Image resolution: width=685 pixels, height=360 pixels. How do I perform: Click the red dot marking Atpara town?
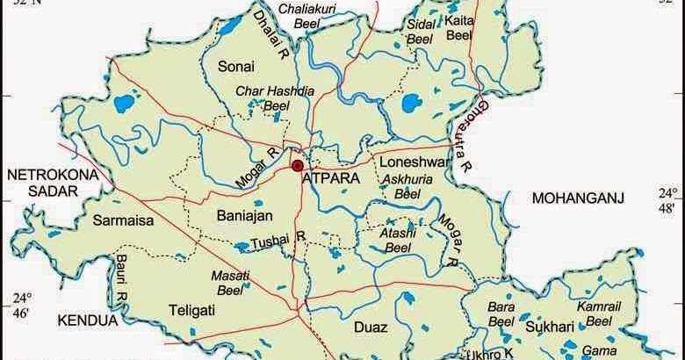[298, 165]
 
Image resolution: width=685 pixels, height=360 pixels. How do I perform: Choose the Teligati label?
[195, 308]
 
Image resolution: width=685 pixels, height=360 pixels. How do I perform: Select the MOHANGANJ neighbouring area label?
[578, 199]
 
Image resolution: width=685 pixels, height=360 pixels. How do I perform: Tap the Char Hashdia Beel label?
[268, 97]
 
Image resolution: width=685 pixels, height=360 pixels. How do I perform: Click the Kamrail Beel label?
[600, 313]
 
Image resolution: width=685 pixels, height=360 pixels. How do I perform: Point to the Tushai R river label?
[278, 239]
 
